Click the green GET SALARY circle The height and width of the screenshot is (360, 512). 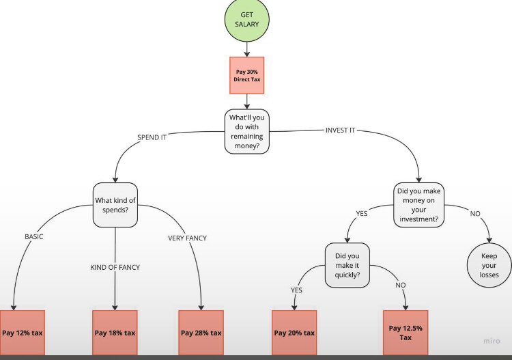click(x=247, y=19)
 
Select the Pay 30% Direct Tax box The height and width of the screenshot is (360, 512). click(x=247, y=75)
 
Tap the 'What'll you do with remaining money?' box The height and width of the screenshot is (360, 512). click(x=247, y=131)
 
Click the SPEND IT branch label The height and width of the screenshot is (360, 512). click(x=152, y=137)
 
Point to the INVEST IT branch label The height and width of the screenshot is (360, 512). click(x=340, y=130)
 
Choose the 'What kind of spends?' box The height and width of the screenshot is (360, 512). click(x=115, y=205)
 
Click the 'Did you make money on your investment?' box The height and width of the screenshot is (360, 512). click(x=418, y=205)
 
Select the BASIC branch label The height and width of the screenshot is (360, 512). click(x=34, y=236)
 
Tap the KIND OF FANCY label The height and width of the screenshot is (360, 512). click(x=115, y=267)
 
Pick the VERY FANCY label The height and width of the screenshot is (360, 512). click(x=188, y=238)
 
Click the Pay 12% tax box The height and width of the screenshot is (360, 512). click(x=23, y=333)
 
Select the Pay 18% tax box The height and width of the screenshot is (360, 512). click(x=115, y=333)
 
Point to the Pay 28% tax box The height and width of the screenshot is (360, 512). click(x=201, y=333)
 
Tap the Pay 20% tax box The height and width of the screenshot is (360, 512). click(x=294, y=333)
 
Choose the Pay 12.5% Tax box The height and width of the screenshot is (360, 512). click(x=406, y=333)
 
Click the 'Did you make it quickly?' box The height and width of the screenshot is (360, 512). click(x=347, y=265)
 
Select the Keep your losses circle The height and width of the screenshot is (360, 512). click(x=489, y=265)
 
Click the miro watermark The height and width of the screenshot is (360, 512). click(x=492, y=341)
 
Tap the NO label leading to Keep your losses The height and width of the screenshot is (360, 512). click(x=475, y=214)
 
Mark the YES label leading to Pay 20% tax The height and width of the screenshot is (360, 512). click(x=296, y=290)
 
